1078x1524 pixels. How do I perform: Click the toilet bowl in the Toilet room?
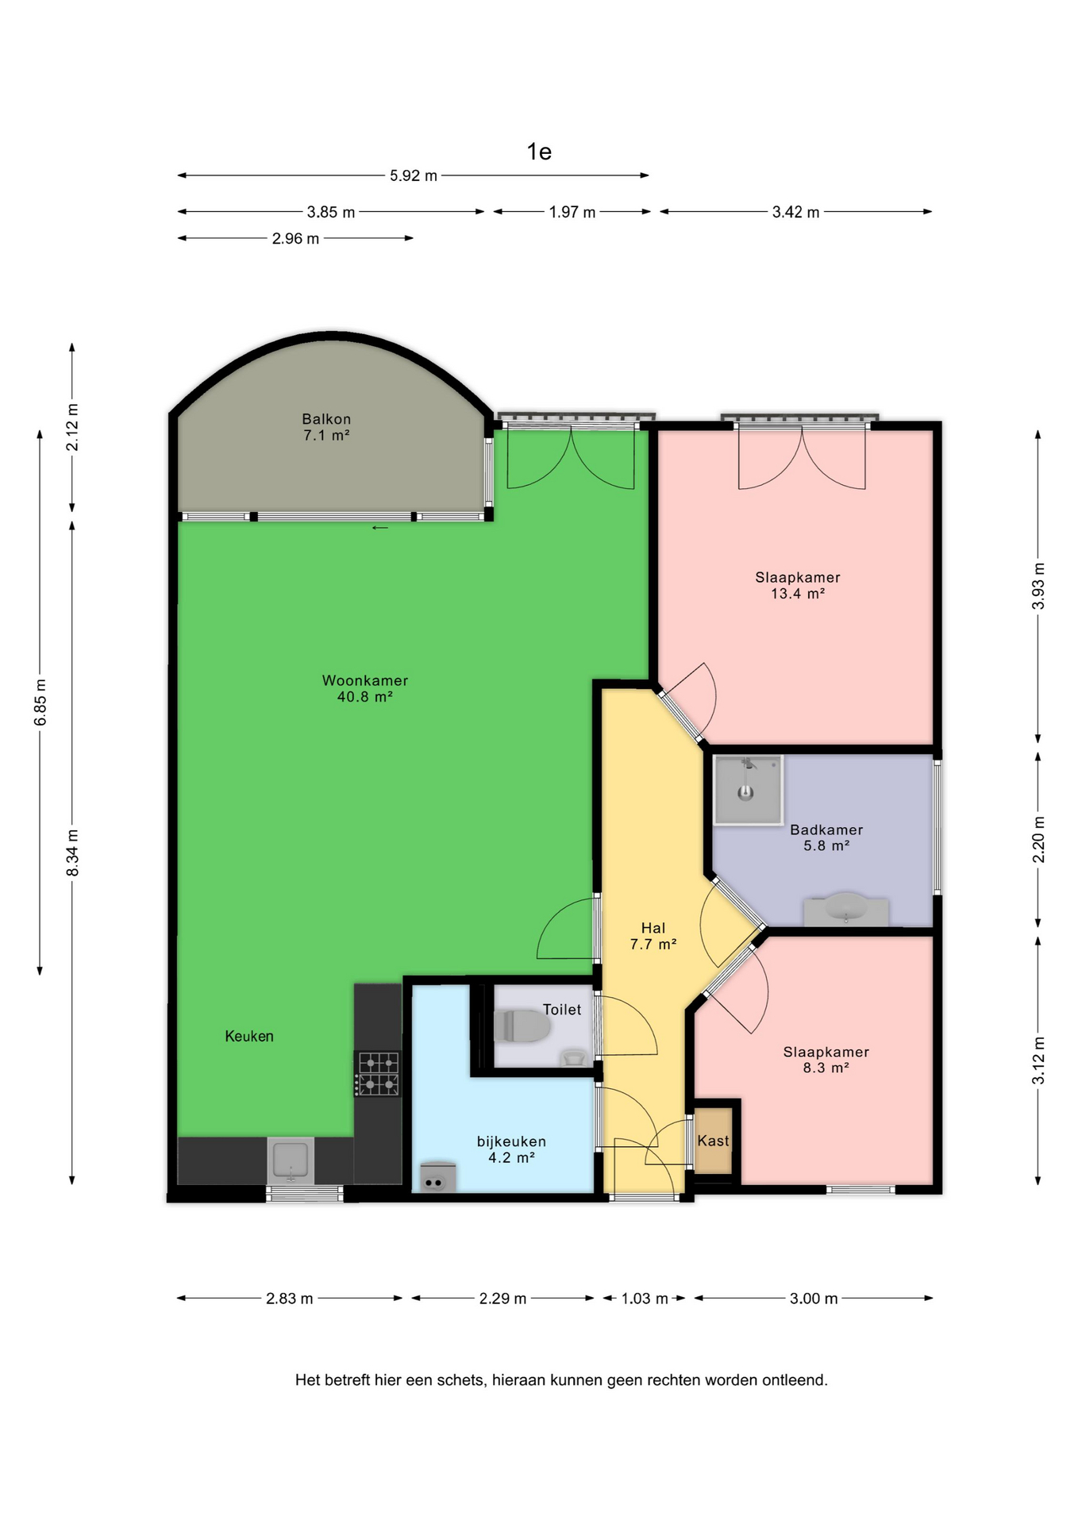[x=522, y=1026]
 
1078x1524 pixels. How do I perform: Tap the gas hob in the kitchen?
[x=378, y=1074]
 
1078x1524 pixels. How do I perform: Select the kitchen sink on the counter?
[x=291, y=1160]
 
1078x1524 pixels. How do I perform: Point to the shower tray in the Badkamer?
[x=748, y=790]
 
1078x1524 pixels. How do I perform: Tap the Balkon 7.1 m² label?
[x=326, y=427]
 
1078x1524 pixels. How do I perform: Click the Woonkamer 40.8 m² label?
[x=365, y=688]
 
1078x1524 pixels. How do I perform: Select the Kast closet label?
[x=713, y=1141]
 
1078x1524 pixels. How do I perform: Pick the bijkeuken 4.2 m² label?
[x=511, y=1149]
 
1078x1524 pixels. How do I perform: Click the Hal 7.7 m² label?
[x=653, y=936]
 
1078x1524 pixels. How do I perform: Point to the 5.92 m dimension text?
[x=414, y=175]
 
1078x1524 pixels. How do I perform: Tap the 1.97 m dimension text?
[x=572, y=212]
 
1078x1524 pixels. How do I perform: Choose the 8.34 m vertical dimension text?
[x=72, y=852]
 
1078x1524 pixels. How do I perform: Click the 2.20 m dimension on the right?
[x=1038, y=840]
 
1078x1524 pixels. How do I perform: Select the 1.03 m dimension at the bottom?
[x=645, y=1299]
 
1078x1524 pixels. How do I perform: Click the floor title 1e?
[x=539, y=152]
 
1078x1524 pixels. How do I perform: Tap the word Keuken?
[x=249, y=1036]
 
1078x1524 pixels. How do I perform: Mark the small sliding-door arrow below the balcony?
[x=380, y=528]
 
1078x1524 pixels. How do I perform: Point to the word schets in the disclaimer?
[x=460, y=1380]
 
